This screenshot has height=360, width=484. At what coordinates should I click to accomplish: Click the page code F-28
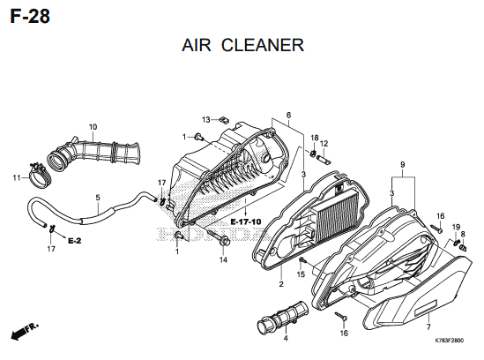click(30, 17)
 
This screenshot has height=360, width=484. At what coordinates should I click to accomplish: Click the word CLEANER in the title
click(263, 45)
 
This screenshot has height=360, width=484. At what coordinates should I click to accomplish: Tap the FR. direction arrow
click(25, 331)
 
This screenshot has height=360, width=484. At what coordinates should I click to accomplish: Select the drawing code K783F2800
click(449, 341)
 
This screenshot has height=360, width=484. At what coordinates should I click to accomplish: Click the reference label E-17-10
click(246, 221)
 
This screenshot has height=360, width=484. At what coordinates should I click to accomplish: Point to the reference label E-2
click(74, 240)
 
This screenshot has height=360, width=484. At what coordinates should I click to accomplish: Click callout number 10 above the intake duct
click(93, 127)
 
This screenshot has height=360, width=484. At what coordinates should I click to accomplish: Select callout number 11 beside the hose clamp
click(17, 177)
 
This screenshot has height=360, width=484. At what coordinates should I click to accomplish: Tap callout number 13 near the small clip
click(206, 120)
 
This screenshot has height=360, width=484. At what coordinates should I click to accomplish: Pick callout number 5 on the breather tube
click(98, 197)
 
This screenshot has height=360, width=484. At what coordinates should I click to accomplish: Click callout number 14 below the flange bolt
click(223, 260)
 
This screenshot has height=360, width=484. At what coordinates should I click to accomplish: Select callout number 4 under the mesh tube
click(286, 338)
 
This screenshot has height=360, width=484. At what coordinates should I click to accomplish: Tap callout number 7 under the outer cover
click(428, 326)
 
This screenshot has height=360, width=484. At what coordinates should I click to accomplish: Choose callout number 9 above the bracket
click(403, 165)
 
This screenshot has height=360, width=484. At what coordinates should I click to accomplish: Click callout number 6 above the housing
click(288, 116)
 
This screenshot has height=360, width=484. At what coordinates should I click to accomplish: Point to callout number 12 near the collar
click(324, 144)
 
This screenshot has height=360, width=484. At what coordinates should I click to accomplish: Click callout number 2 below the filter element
click(281, 284)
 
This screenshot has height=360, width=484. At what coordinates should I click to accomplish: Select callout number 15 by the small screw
click(301, 274)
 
